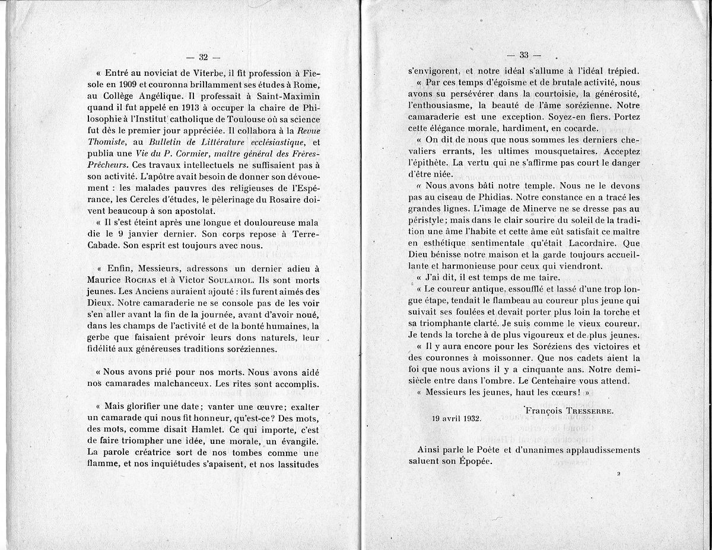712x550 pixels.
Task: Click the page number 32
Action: (x=203, y=57)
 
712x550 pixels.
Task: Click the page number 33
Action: (x=524, y=55)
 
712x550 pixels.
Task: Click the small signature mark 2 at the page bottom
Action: (x=618, y=474)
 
